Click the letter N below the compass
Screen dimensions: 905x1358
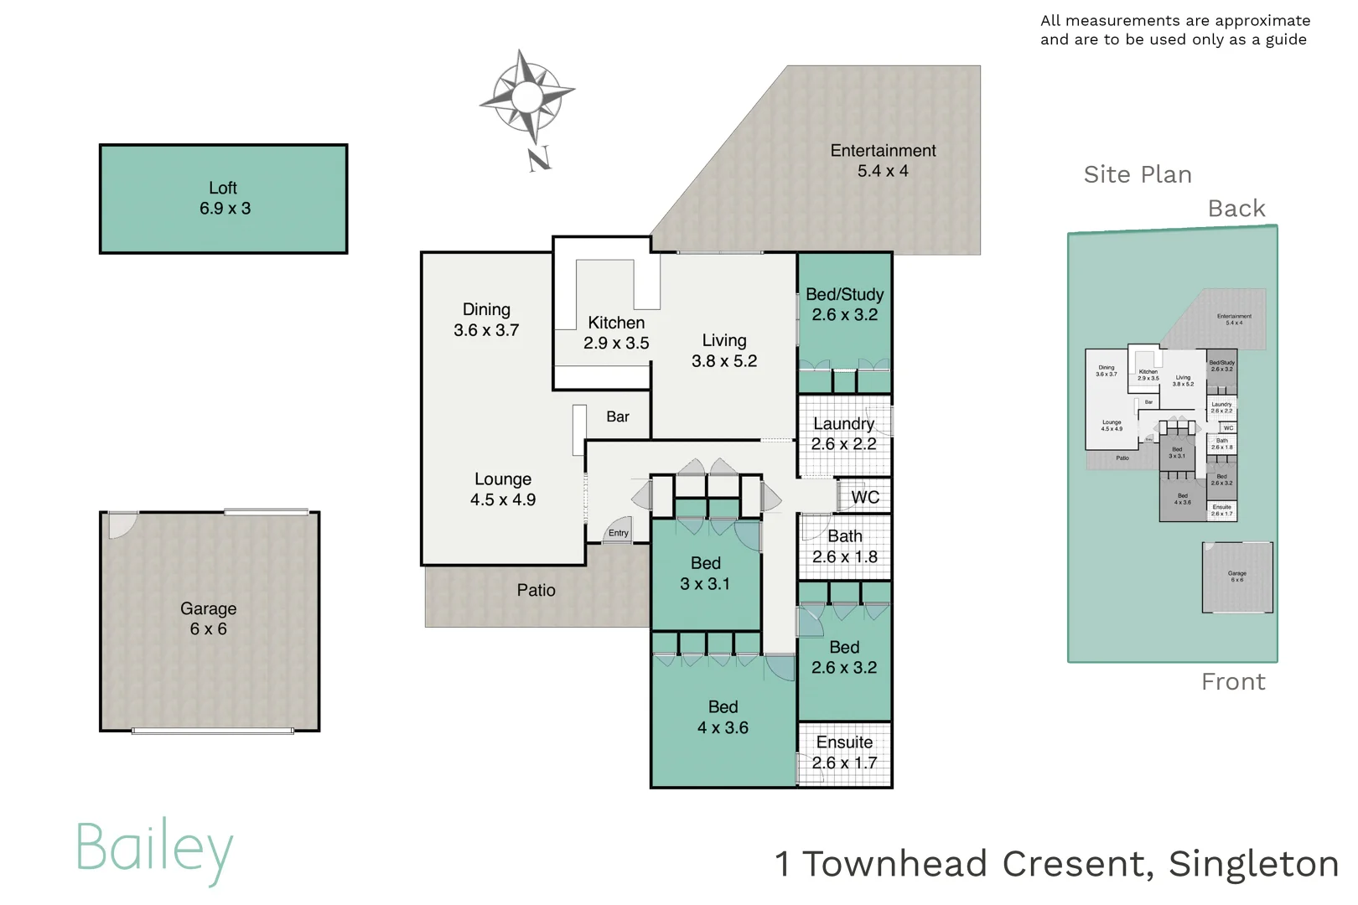pyautogui.click(x=539, y=158)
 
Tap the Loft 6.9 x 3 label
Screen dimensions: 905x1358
pyautogui.click(x=224, y=198)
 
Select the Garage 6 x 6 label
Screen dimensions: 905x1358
pyautogui.click(x=208, y=618)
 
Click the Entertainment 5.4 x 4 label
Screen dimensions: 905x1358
pyautogui.click(x=883, y=160)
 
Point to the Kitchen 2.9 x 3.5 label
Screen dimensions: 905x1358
pyautogui.click(x=616, y=333)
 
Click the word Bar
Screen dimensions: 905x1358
pyautogui.click(x=618, y=416)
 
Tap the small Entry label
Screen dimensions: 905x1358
pyautogui.click(x=619, y=533)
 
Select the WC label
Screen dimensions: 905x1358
pyautogui.click(x=865, y=497)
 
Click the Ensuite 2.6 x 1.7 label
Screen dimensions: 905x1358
pyautogui.click(x=844, y=752)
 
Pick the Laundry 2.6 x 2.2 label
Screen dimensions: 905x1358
pyautogui.click(x=843, y=434)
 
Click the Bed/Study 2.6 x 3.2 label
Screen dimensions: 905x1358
pyautogui.click(x=844, y=304)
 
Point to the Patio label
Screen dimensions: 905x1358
pyautogui.click(x=536, y=590)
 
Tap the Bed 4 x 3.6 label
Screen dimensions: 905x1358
pyautogui.click(x=723, y=717)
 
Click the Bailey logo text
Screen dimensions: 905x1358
pyautogui.click(x=154, y=848)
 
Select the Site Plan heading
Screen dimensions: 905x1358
pyautogui.click(x=1137, y=174)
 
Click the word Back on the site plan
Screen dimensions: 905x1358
pyautogui.click(x=1236, y=208)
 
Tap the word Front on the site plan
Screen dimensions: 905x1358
pyautogui.click(x=1232, y=681)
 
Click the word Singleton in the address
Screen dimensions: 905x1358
pyautogui.click(x=1253, y=864)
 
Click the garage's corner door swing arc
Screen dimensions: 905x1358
pyautogui.click(x=121, y=525)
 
